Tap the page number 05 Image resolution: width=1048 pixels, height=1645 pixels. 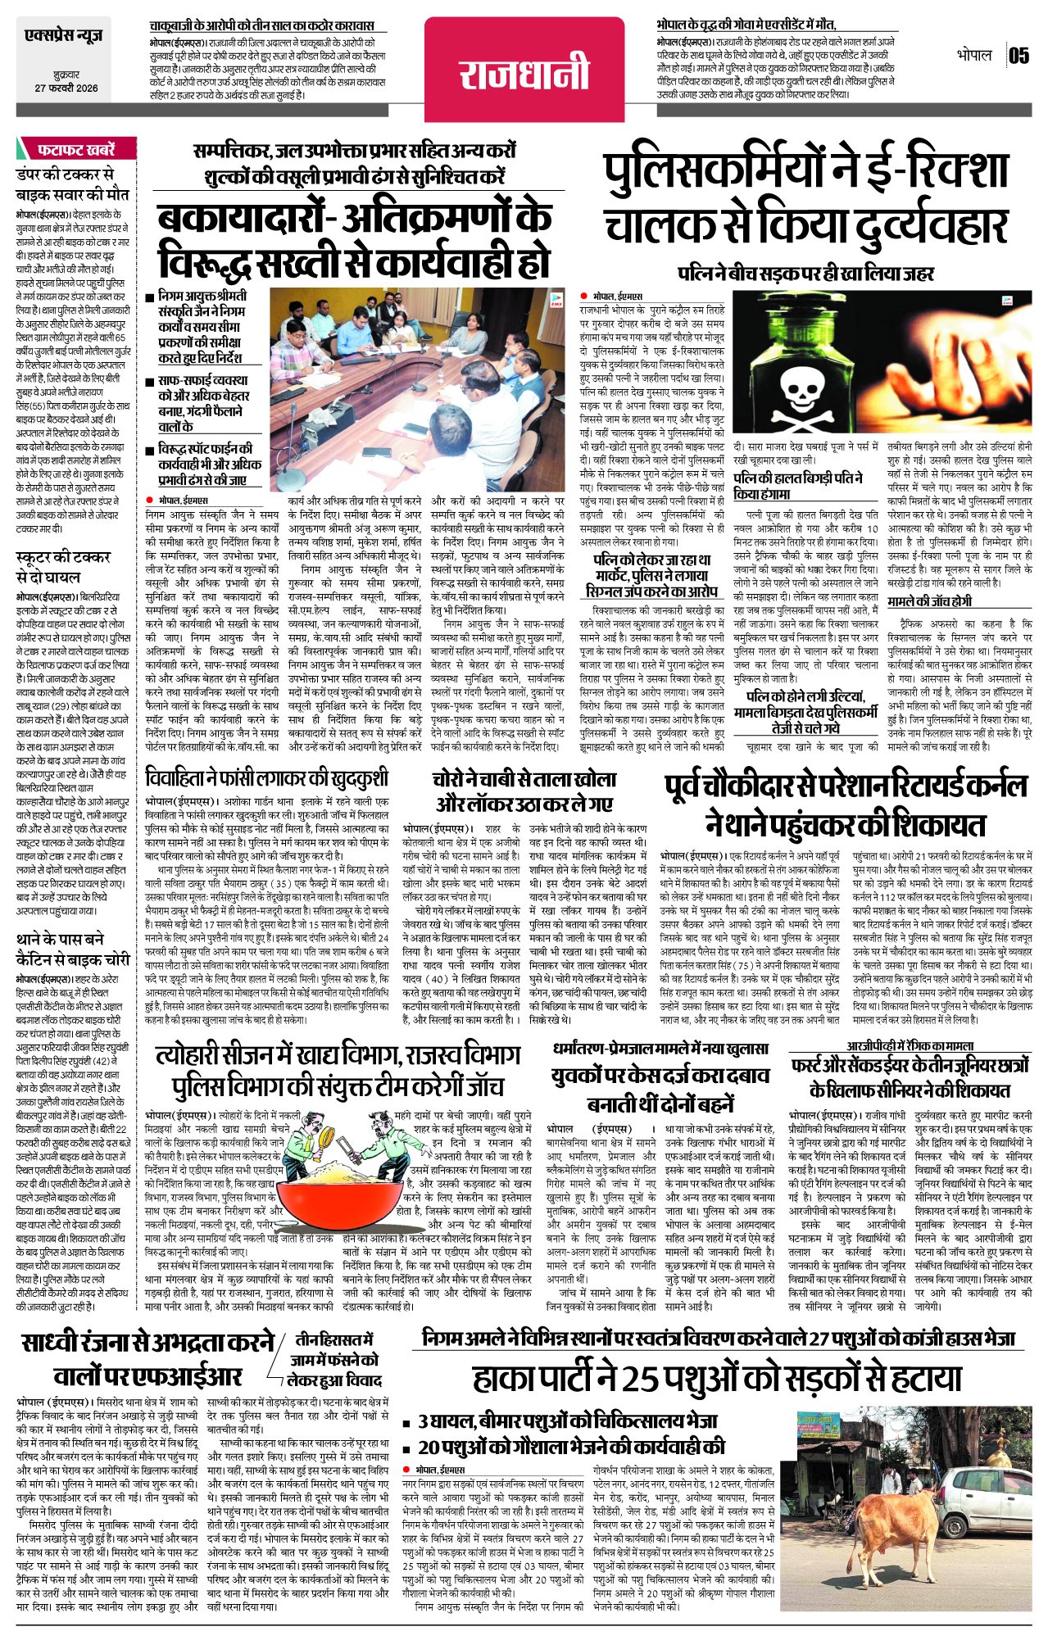click(1019, 56)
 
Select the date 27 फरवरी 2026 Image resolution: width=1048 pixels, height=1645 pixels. click(66, 88)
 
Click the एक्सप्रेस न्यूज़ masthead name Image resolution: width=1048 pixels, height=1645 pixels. click(64, 37)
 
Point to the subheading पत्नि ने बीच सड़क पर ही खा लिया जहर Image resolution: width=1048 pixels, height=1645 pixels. click(806, 273)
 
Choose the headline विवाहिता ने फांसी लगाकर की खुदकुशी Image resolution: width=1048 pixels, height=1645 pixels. click(266, 778)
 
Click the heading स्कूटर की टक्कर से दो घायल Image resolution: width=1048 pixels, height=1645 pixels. click(62, 566)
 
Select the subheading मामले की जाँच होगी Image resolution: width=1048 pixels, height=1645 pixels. click(929, 601)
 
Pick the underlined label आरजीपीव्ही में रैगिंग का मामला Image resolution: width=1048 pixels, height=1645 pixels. click(910, 1045)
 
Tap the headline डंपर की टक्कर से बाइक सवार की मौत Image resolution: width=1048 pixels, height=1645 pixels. click(72, 184)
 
